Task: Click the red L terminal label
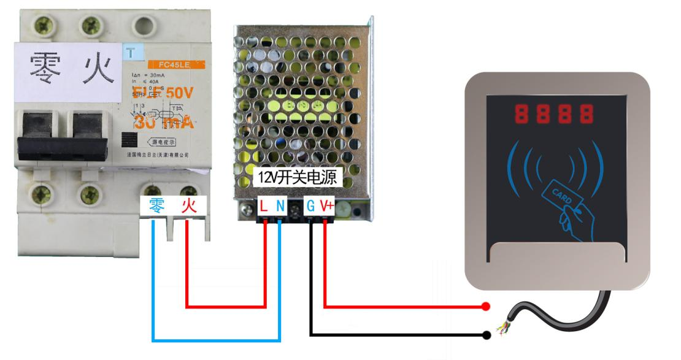pos(264,207)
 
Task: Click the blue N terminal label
pos(280,207)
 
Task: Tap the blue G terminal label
pos(311,207)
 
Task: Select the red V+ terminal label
pos(326,207)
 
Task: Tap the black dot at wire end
pos(487,335)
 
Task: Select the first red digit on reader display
pos(522,113)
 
